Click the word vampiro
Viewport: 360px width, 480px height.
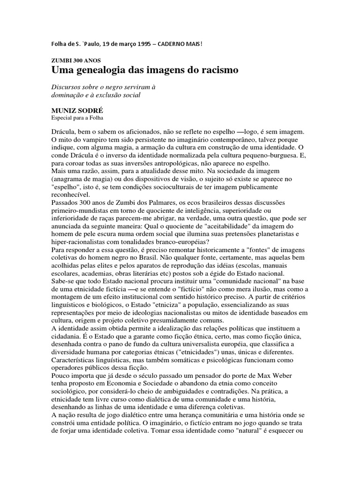click(96, 140)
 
